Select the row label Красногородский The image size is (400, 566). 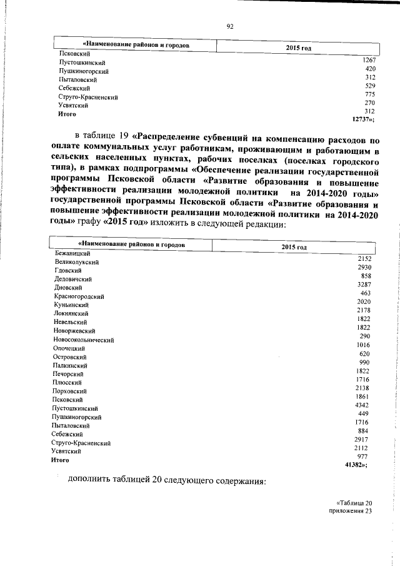[x=79, y=296]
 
